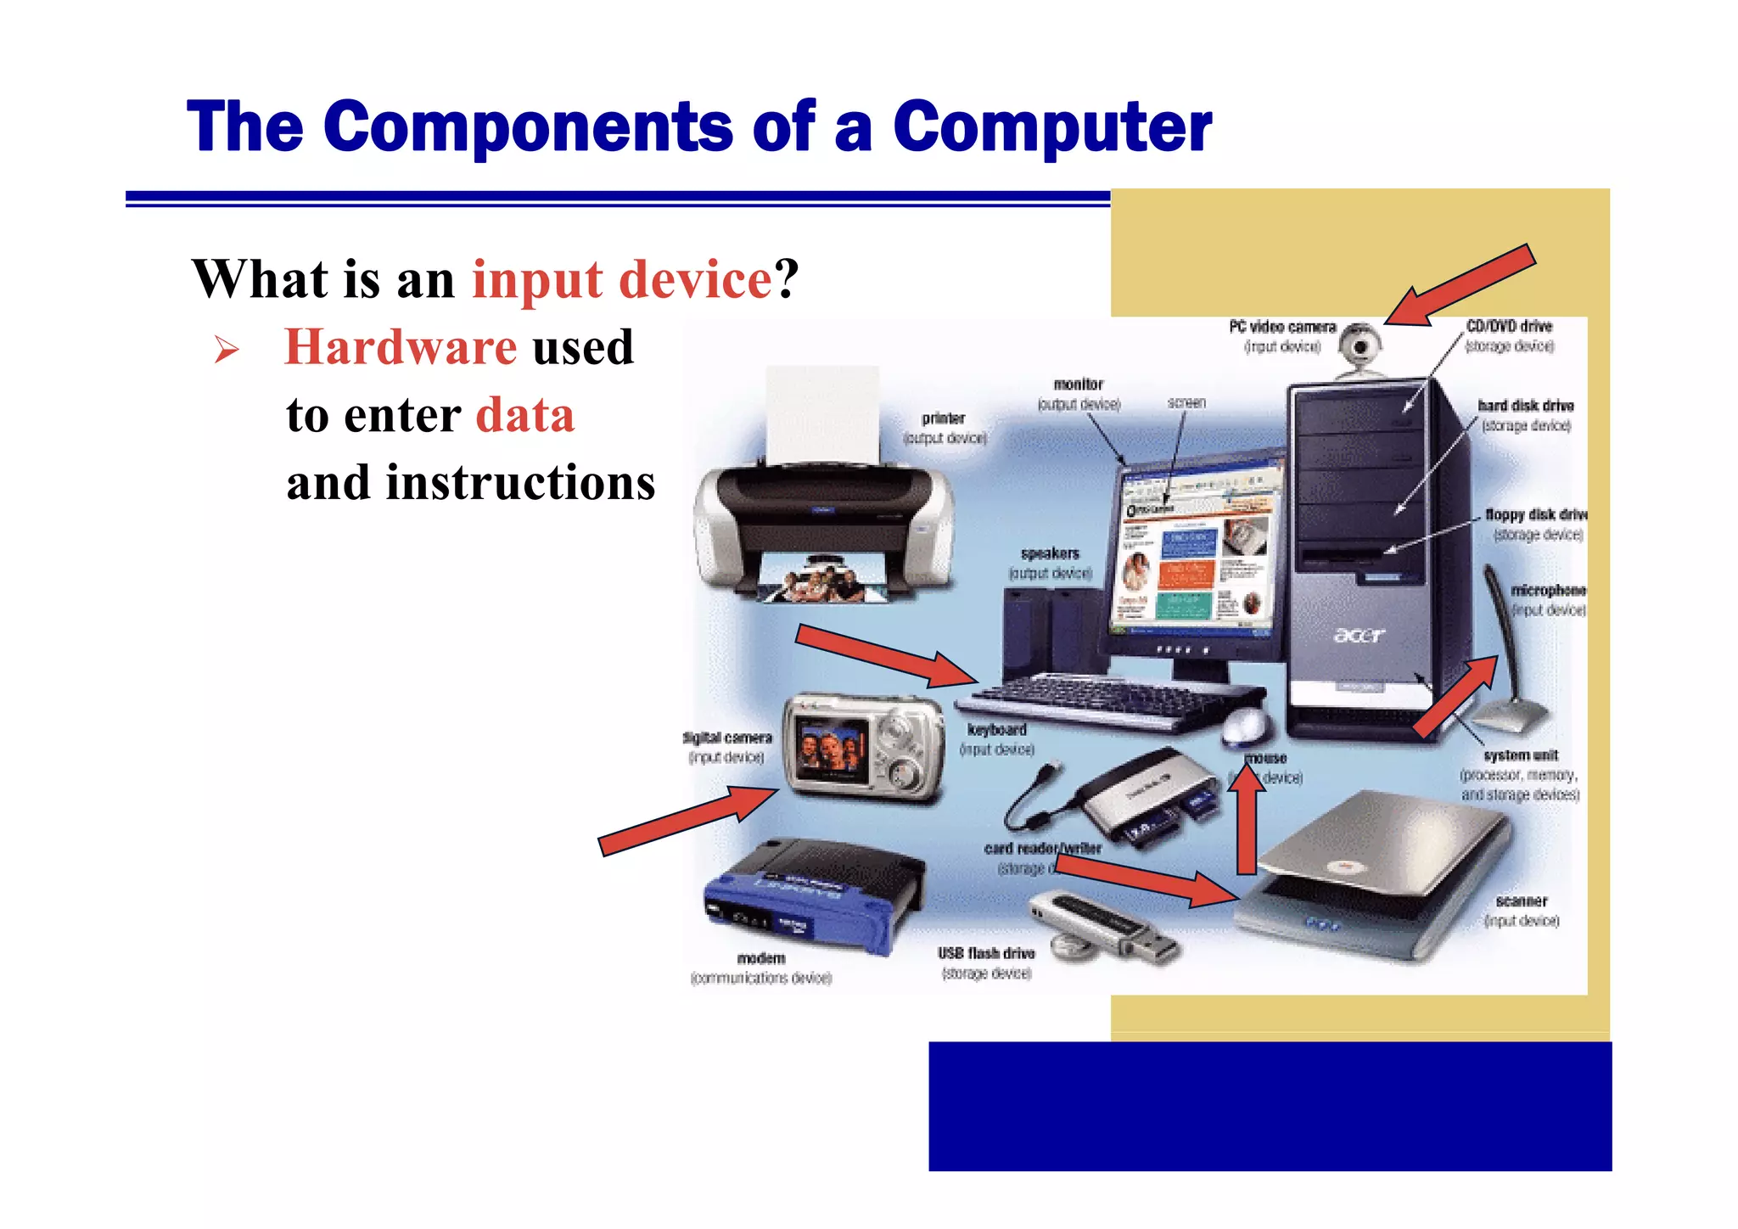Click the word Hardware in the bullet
pos(400,347)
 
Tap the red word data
pos(524,415)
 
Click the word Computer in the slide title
pos(1051,126)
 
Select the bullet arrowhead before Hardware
pos(227,349)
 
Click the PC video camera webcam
pos(1360,347)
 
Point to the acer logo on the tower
pos(1359,635)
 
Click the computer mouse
pos(1246,726)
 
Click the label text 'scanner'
pos(1521,901)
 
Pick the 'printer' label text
pos(943,418)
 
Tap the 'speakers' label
pos(1050,553)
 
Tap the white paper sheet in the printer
pos(821,416)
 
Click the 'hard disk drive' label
pos(1525,406)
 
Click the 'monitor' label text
pos(1078,384)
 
